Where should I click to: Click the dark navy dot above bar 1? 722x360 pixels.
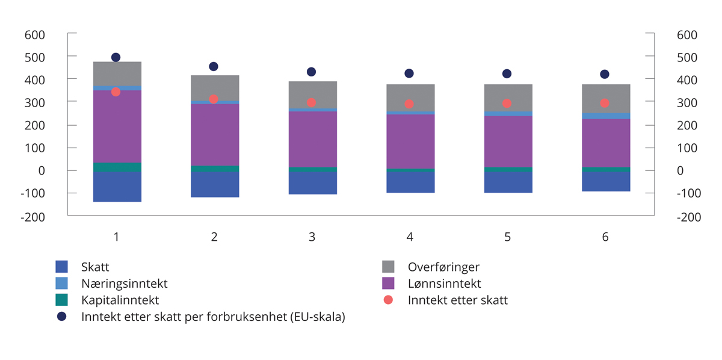point(116,57)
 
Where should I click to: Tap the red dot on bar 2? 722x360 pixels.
point(214,99)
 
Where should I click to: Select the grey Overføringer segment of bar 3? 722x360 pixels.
point(312,95)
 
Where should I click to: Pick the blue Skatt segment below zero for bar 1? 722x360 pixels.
point(117,187)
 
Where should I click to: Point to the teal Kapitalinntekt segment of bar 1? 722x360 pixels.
point(117,167)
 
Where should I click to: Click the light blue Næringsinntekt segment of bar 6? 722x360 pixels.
point(605,116)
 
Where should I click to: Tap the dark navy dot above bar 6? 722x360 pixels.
point(605,74)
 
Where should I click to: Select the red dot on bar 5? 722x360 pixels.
point(507,104)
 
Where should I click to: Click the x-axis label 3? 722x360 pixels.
point(312,237)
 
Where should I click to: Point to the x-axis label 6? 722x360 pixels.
point(605,237)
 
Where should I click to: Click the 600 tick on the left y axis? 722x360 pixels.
point(35,35)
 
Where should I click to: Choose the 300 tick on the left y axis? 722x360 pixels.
point(35,103)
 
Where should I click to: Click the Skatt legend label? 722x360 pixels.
point(95,267)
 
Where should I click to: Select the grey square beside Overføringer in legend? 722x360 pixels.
point(388,267)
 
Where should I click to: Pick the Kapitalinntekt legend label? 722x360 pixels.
point(120,300)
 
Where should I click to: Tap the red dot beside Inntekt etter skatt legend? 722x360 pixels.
point(388,300)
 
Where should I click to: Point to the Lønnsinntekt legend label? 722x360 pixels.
point(444,284)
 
